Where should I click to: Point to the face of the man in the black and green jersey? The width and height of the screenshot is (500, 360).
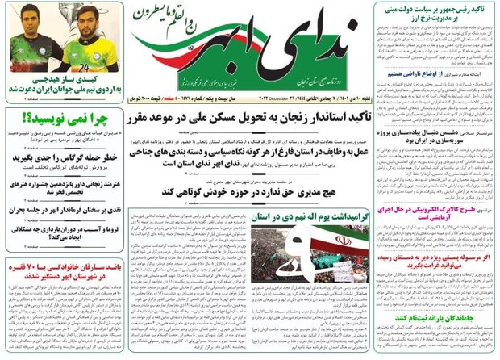click(29, 21)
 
